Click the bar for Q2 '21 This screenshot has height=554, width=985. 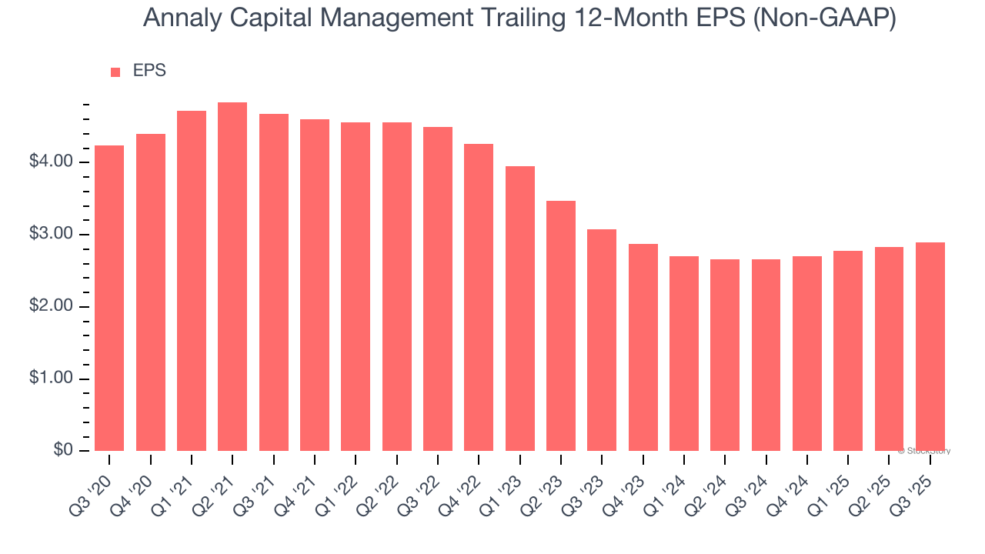click(232, 277)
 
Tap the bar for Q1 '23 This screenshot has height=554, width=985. click(520, 309)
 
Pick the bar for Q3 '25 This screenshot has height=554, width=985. click(930, 347)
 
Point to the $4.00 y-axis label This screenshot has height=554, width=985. click(52, 162)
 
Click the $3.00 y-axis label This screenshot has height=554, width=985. click(52, 235)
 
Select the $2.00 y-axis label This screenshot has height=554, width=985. click(52, 307)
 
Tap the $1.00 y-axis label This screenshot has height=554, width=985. click(52, 379)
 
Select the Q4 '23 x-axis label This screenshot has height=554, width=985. click(625, 485)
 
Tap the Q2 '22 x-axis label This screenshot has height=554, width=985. click(379, 485)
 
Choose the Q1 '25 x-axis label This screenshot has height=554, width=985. click(830, 485)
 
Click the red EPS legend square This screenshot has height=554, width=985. click(115, 72)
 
